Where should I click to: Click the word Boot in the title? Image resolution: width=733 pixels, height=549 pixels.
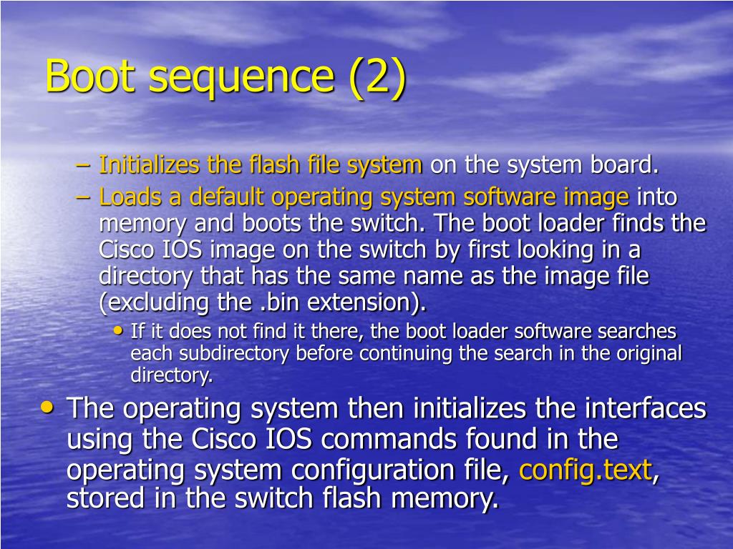point(89,76)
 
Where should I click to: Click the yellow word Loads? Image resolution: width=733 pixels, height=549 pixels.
point(126,197)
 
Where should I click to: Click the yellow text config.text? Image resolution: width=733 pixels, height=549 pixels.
point(585,470)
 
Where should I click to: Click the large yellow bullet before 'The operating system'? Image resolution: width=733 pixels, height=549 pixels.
point(47,407)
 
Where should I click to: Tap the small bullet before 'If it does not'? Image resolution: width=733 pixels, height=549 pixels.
point(118,331)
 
